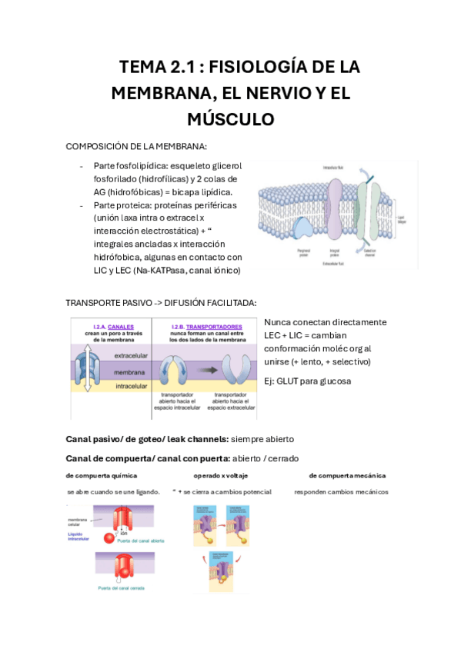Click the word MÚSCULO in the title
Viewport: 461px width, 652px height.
click(231, 119)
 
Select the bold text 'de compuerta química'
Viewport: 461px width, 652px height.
click(102, 475)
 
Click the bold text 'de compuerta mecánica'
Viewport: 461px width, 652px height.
click(347, 475)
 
